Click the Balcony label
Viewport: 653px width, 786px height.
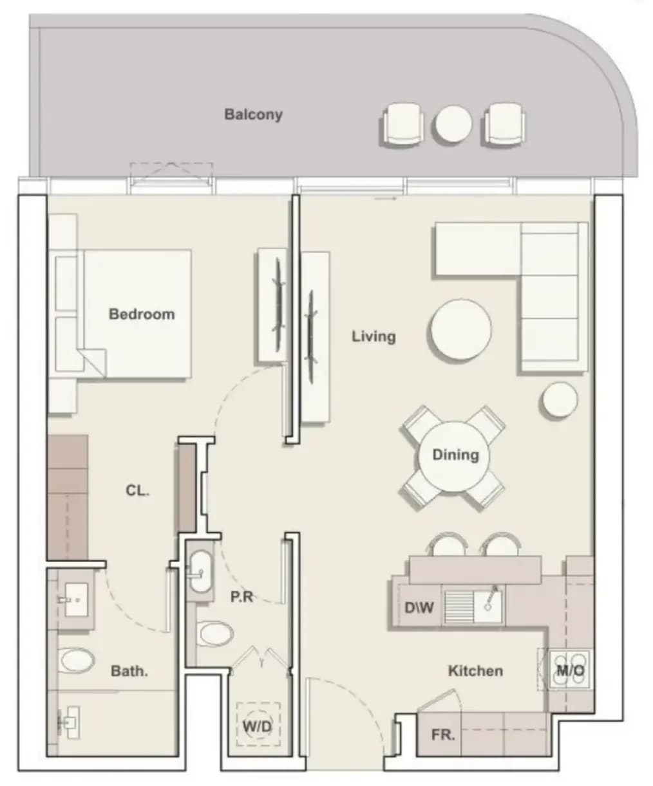click(253, 114)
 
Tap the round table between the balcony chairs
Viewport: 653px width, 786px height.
click(453, 123)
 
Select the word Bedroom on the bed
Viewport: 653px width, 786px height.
click(142, 314)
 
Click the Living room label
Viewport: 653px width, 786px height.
click(374, 336)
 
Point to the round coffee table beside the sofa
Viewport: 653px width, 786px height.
click(460, 329)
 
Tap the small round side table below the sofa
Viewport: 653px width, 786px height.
click(560, 400)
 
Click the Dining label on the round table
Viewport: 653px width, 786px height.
click(455, 455)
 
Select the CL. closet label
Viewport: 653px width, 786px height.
click(137, 490)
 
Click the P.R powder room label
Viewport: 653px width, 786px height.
click(241, 597)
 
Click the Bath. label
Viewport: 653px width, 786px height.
click(129, 671)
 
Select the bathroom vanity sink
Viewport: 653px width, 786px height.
click(77, 600)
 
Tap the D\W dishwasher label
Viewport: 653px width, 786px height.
click(419, 608)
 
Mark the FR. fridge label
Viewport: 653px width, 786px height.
click(443, 735)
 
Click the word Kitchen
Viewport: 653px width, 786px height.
click(475, 670)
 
